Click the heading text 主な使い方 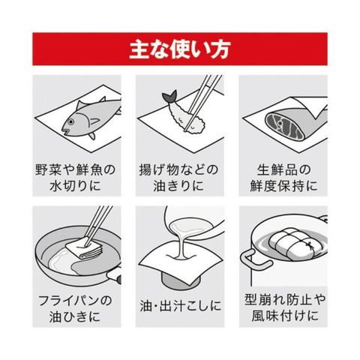point(179,49)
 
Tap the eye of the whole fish point(71,122)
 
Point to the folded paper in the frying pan point(85,249)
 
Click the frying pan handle point(115,276)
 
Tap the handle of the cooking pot point(254,260)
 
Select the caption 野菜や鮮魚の point(76,169)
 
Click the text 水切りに point(75,186)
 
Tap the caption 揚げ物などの point(178,169)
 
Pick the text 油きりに point(178,186)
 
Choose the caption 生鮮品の point(283,169)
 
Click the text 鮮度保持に point(283,186)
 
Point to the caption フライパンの point(75,300)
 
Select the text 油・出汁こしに point(181,306)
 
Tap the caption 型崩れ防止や point(285,299)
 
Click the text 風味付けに point(285,316)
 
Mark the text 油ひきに point(75,316)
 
